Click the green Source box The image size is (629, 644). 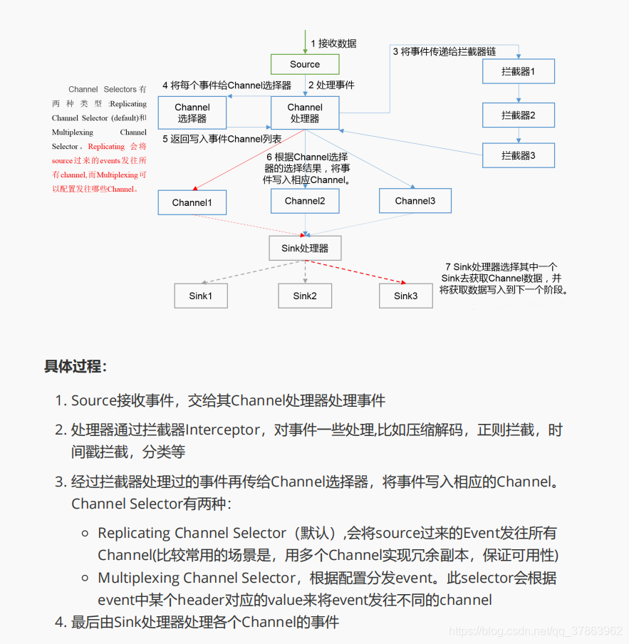pos(305,64)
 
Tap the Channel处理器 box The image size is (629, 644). pos(305,113)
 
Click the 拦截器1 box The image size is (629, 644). pos(518,71)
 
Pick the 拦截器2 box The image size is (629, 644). pos(518,115)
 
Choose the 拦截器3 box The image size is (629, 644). pos(518,155)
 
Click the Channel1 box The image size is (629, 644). pos(192,203)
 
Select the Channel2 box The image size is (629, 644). pos(305,201)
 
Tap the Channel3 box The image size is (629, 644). pos(415,201)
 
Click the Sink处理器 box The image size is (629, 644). pos(305,248)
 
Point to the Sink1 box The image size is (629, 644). pos(201,296)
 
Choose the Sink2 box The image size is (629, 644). pos(305,296)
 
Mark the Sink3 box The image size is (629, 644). pos(406,296)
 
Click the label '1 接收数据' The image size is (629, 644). pos(333,43)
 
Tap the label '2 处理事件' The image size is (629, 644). pos(331,85)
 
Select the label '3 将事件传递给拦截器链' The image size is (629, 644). pos(444,51)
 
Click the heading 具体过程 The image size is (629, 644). pos(76,367)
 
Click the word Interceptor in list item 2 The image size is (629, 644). pos(223,430)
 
